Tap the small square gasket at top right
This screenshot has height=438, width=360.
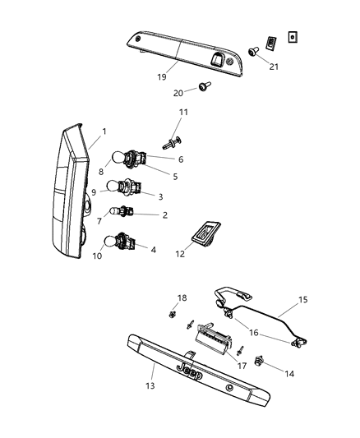point(293,37)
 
